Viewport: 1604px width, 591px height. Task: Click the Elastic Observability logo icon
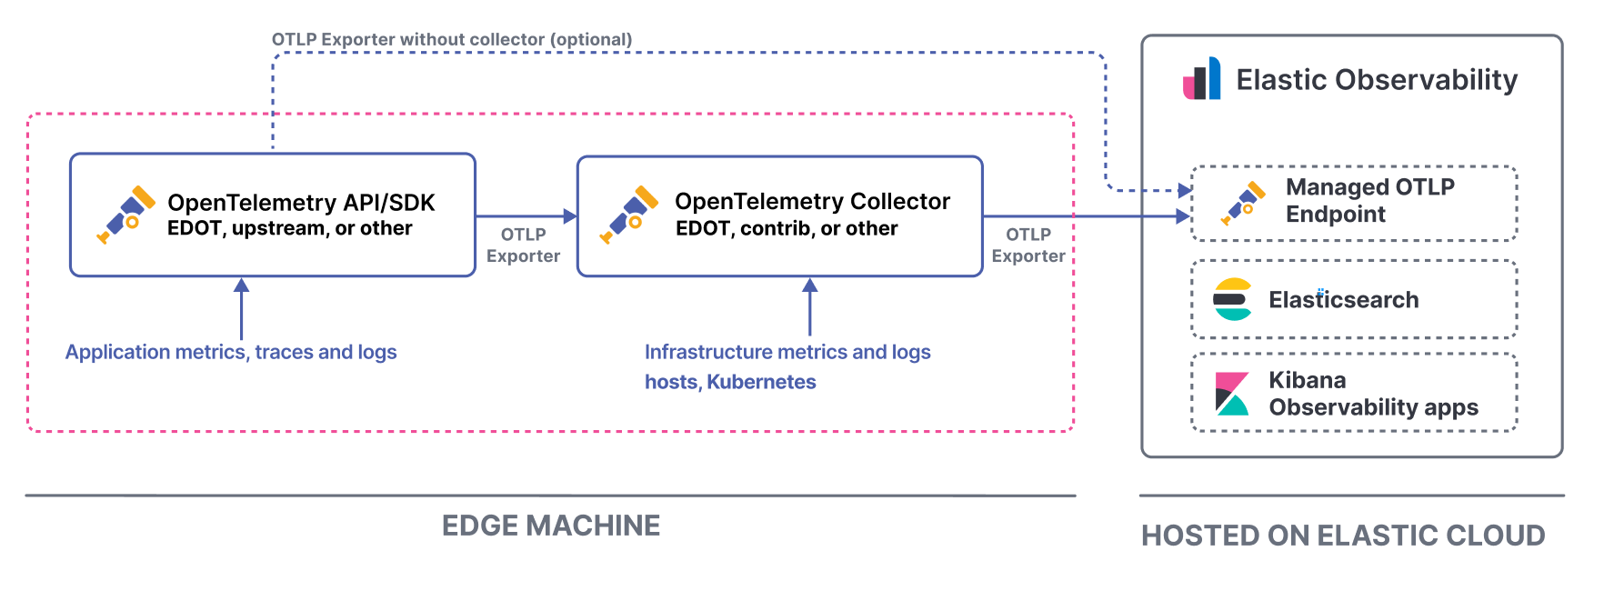point(1201,79)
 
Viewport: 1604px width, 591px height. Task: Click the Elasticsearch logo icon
point(1233,299)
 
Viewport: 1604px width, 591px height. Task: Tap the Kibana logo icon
point(1232,393)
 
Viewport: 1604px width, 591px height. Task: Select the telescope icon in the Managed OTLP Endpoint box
point(1243,203)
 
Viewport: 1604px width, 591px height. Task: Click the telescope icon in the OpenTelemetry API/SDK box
point(125,215)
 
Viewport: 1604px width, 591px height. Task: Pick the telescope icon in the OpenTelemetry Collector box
point(628,215)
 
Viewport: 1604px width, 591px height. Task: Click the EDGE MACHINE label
point(550,526)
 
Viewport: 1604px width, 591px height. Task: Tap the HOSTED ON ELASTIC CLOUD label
point(1343,536)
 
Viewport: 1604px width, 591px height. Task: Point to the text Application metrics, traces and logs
point(231,352)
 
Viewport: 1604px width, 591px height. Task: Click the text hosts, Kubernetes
point(730,382)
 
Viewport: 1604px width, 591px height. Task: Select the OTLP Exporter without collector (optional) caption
point(452,39)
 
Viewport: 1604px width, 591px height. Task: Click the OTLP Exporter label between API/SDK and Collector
point(523,245)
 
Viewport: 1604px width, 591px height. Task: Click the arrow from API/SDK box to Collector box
point(526,216)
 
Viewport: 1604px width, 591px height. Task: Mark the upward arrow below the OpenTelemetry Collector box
point(809,307)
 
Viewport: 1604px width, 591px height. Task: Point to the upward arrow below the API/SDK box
point(241,309)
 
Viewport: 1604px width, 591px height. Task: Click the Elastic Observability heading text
point(1377,80)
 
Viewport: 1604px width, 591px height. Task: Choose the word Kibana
point(1307,380)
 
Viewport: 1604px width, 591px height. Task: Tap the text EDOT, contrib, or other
point(787,228)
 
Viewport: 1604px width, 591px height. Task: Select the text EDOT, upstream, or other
point(289,228)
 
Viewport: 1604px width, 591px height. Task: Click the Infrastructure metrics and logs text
point(787,352)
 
